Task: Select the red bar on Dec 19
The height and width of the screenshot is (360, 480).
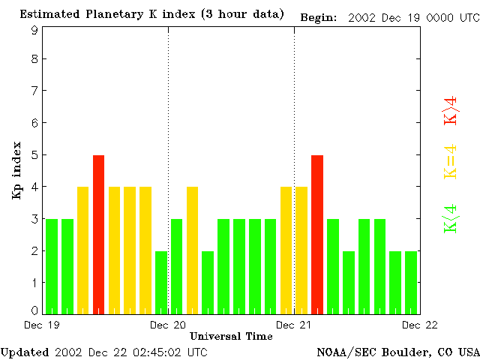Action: (x=98, y=234)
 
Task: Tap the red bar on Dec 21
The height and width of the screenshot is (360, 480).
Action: (x=317, y=234)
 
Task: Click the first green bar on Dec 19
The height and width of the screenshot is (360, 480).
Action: (x=52, y=266)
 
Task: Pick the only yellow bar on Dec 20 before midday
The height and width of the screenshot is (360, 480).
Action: (x=192, y=250)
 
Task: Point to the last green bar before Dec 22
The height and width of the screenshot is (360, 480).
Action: (x=411, y=282)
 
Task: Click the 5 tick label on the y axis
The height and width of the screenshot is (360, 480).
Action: (x=34, y=155)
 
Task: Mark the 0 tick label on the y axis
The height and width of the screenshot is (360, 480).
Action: (x=34, y=310)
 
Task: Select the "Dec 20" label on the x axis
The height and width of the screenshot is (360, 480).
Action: (x=168, y=324)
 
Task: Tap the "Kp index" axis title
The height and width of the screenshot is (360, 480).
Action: (x=16, y=170)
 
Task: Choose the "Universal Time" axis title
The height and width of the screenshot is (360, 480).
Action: (x=231, y=335)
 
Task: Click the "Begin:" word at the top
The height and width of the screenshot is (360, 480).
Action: (x=318, y=16)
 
